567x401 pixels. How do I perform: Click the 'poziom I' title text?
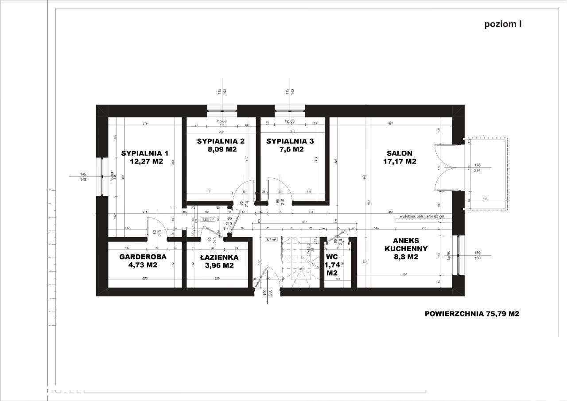(x=503, y=24)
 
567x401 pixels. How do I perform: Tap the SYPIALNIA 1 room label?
(x=145, y=153)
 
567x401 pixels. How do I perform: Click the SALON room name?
(x=400, y=153)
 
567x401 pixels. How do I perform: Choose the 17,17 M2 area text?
(x=400, y=162)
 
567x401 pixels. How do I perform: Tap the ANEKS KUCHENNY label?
(x=400, y=245)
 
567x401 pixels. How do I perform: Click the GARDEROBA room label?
(x=143, y=257)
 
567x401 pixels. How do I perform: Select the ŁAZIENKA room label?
(x=219, y=257)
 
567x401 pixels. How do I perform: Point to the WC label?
(x=331, y=257)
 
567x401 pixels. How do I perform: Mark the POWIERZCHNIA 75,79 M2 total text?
(x=472, y=314)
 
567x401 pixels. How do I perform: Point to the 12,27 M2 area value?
(x=147, y=162)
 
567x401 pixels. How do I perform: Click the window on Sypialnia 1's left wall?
(x=102, y=176)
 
